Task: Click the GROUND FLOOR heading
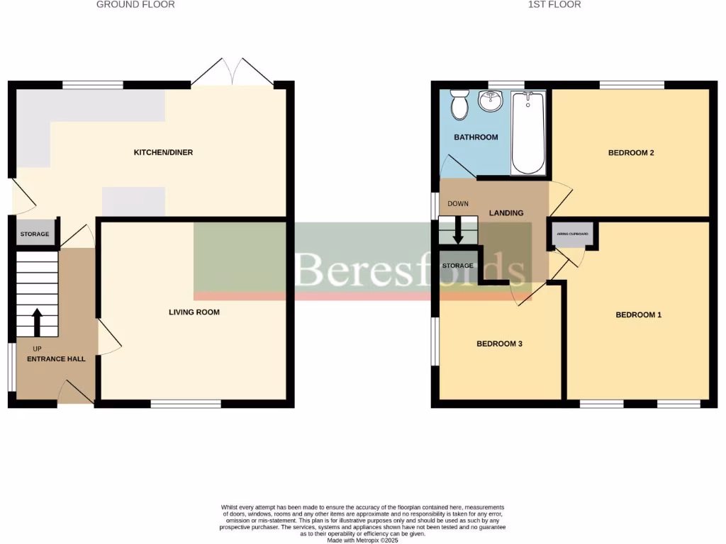point(135,5)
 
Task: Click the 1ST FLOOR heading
point(554,5)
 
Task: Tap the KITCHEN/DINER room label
point(164,152)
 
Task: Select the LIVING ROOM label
point(194,312)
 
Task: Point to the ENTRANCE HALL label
point(56,359)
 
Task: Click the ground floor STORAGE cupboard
point(35,234)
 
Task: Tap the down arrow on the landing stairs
point(458,230)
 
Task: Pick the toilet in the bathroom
point(459,105)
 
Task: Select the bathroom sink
point(490,101)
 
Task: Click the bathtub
point(528,133)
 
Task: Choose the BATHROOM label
point(476,137)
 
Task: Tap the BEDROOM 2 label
point(631,152)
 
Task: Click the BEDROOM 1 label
point(638,314)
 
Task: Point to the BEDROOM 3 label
point(499,344)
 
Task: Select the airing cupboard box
point(573,234)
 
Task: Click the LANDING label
point(506,213)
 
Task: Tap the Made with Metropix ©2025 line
point(362,540)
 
